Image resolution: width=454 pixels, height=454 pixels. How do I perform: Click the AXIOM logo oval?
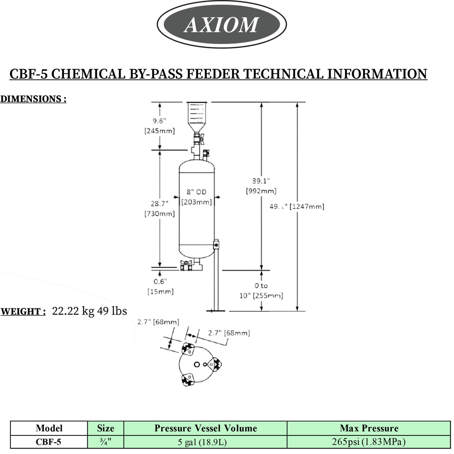coord(222,24)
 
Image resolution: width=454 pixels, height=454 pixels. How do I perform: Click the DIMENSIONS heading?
coord(33,99)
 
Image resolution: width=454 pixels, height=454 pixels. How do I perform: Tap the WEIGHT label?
coord(23,312)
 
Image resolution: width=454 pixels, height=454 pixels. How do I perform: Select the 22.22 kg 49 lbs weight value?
coord(89,311)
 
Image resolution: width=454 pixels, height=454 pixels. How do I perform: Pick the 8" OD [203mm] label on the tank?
coord(197,197)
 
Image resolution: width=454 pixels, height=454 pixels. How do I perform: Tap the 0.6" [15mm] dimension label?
coord(160,286)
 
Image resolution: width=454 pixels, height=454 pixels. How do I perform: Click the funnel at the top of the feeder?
coord(197,116)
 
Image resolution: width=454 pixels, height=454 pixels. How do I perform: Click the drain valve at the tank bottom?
coord(187,266)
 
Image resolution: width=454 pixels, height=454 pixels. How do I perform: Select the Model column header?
coord(49,428)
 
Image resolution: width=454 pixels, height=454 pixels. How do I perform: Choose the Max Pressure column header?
coord(369,428)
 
